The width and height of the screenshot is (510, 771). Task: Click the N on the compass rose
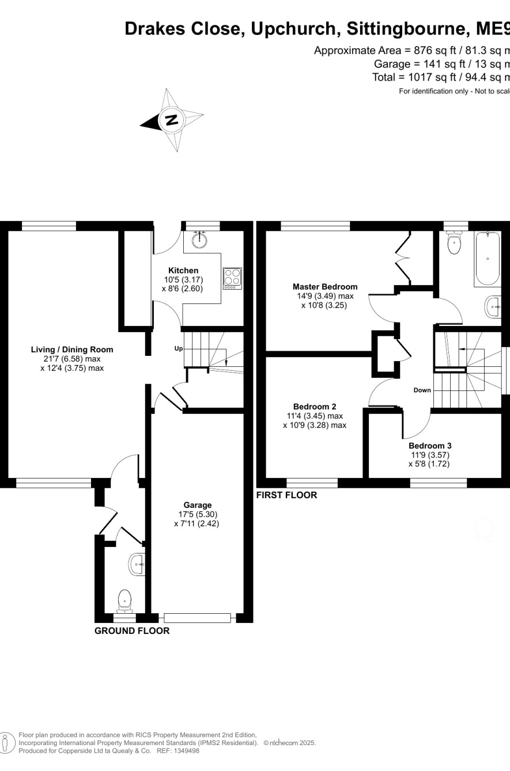(x=172, y=119)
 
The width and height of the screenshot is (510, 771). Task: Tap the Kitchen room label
(x=183, y=270)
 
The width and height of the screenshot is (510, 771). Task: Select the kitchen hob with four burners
(x=232, y=279)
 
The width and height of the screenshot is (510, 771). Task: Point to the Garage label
(x=197, y=505)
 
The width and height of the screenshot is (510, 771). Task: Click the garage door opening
(x=197, y=618)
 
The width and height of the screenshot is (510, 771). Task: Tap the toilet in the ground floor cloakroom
(x=124, y=601)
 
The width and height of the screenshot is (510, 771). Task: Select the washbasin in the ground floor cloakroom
(x=137, y=564)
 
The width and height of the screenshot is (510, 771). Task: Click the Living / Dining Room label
(x=72, y=350)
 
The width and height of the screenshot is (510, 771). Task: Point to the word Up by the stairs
(x=179, y=348)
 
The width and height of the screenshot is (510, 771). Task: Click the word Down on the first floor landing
(x=422, y=390)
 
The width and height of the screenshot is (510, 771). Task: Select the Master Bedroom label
(x=325, y=286)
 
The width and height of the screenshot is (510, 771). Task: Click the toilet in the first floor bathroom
(x=455, y=242)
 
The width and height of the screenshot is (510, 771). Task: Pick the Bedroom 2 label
(x=315, y=406)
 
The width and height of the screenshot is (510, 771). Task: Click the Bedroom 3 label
(x=430, y=446)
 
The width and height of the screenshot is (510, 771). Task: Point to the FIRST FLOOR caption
(x=286, y=495)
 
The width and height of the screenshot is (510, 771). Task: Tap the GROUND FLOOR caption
(x=132, y=631)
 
